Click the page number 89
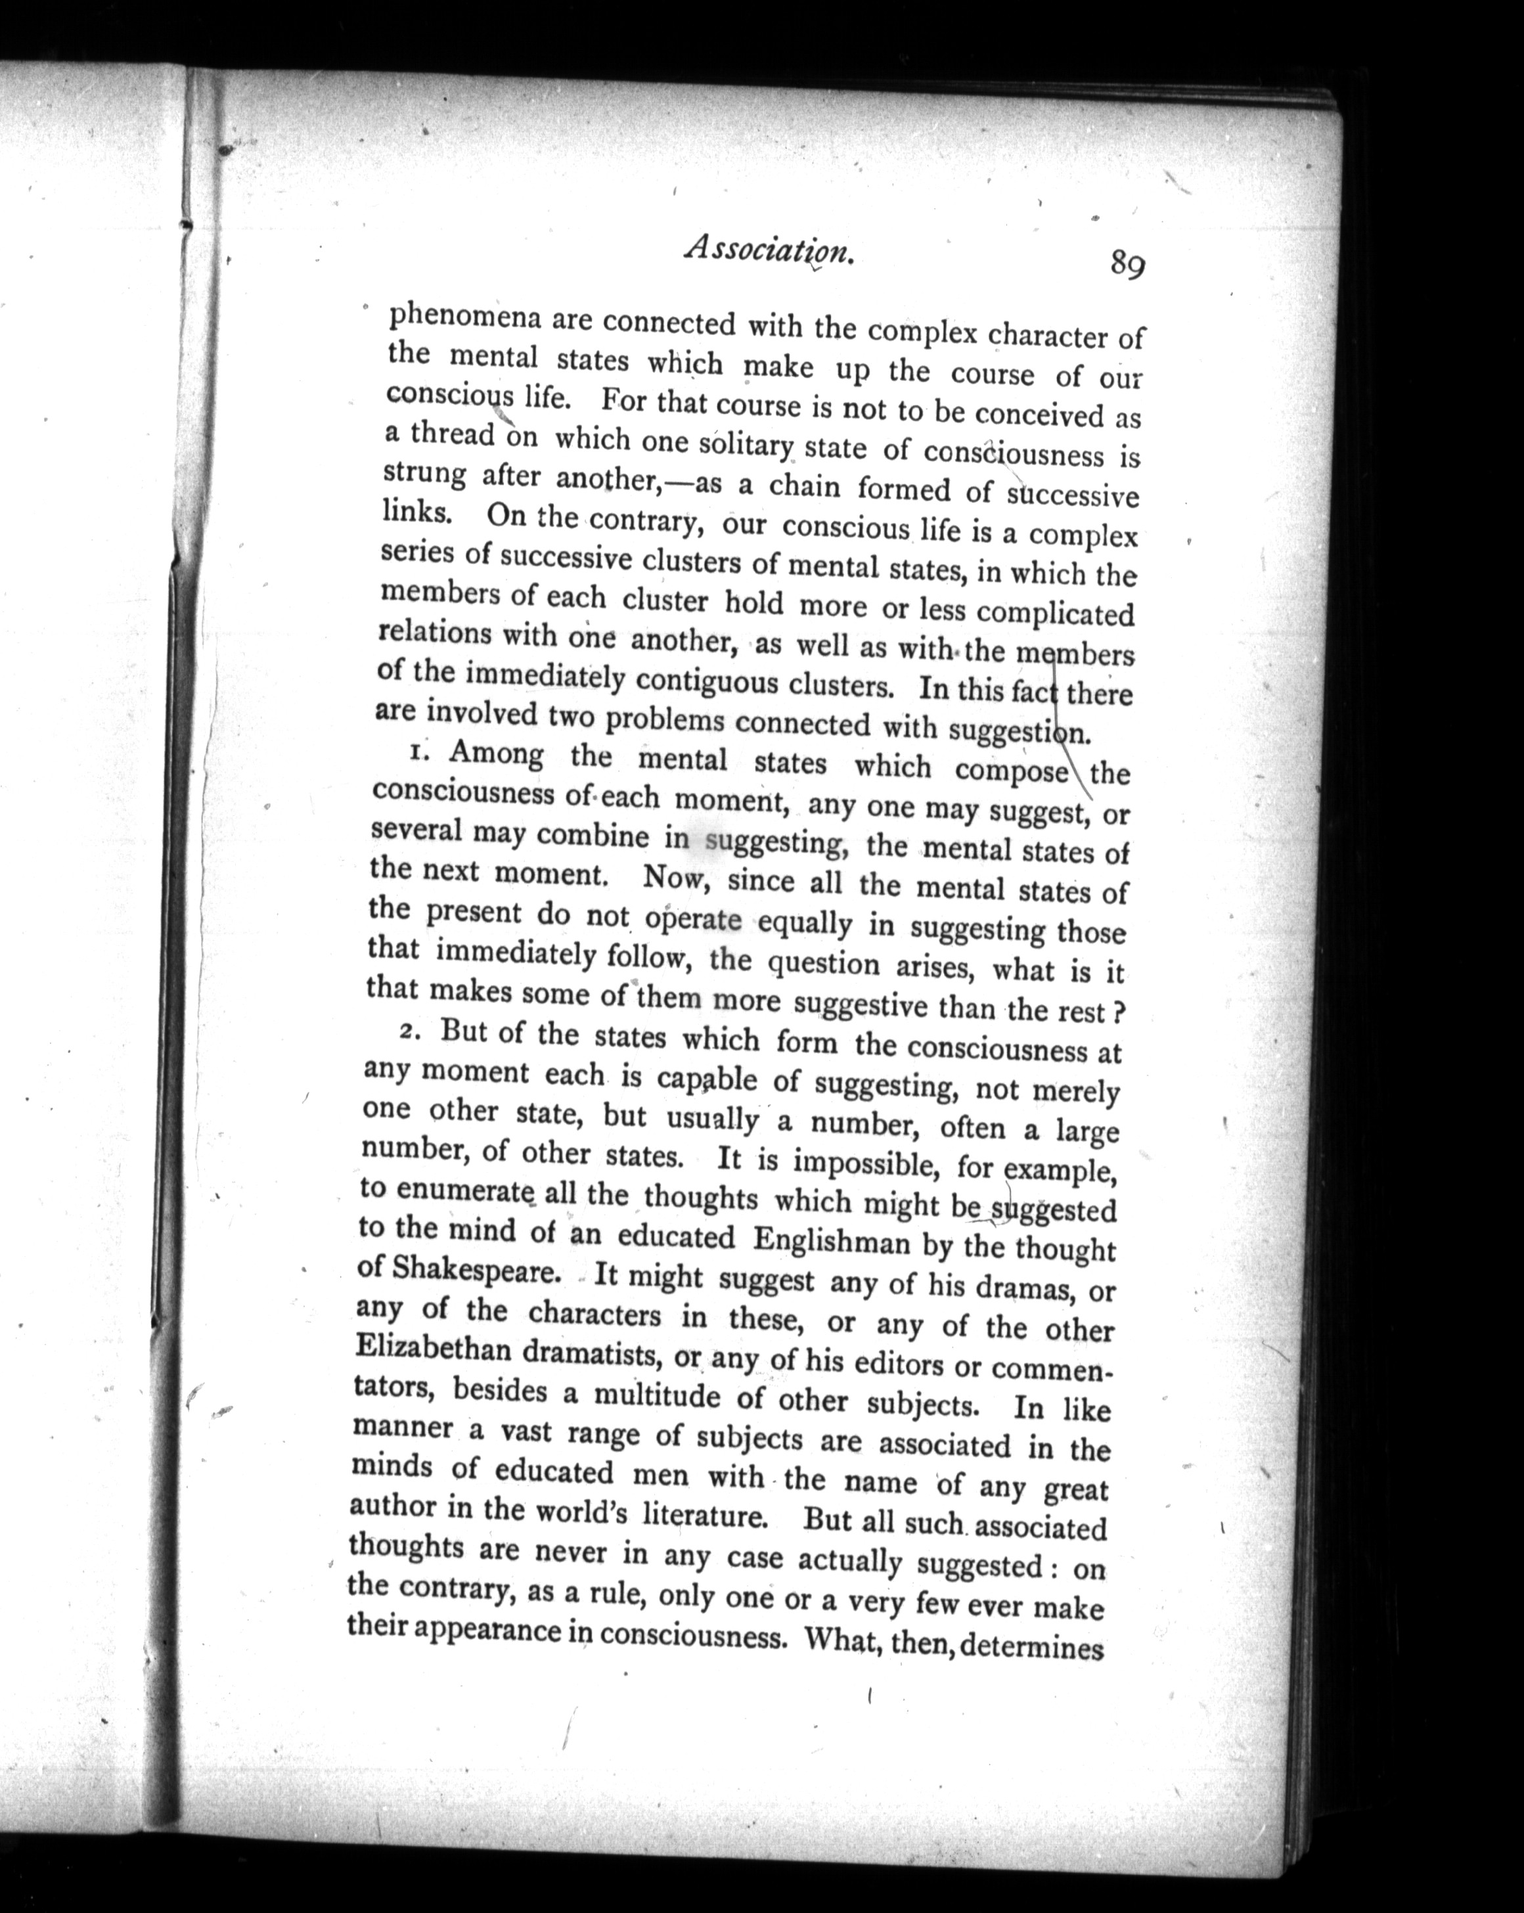coord(1127,263)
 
